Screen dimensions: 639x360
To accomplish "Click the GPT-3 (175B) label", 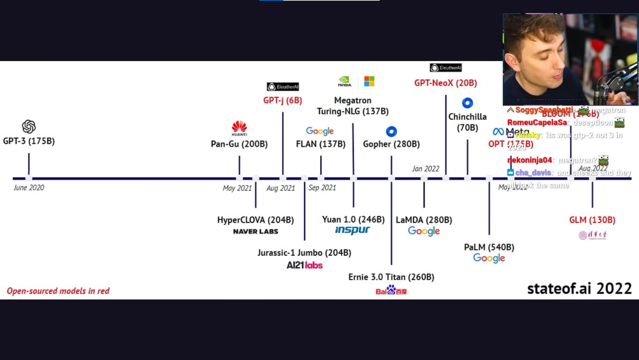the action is (x=28, y=142).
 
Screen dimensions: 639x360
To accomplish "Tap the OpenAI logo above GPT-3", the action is (x=28, y=127).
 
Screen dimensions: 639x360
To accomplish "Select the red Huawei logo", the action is (x=239, y=127).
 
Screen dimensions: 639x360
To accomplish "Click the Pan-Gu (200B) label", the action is (x=239, y=144).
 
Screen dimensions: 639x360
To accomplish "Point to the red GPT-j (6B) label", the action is (x=282, y=101).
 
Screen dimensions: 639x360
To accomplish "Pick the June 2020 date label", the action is (x=28, y=188).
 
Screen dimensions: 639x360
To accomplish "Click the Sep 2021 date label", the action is (x=322, y=188).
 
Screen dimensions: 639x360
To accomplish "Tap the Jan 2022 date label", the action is (x=425, y=169).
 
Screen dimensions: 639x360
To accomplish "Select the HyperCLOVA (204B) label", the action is (x=255, y=220).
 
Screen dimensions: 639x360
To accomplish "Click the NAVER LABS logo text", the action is (x=255, y=232).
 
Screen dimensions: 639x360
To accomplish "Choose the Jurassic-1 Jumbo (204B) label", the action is (x=304, y=253).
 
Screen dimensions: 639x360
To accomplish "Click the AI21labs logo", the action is (x=304, y=265).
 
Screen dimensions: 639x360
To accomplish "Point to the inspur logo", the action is (x=353, y=230).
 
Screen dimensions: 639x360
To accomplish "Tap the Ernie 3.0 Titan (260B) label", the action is (x=391, y=277).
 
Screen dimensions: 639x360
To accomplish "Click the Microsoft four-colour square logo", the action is (x=369, y=81).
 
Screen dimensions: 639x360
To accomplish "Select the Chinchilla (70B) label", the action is (x=467, y=122).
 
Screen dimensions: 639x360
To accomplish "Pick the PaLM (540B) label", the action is (x=489, y=247).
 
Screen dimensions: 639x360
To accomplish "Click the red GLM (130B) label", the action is (x=592, y=220).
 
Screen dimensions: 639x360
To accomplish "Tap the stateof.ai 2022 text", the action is (x=579, y=288).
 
